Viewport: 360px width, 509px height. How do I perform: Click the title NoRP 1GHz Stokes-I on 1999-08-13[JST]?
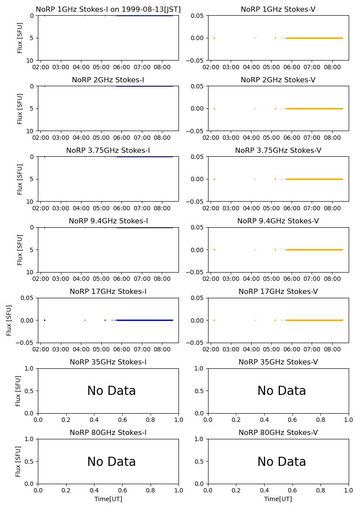click(x=108, y=10)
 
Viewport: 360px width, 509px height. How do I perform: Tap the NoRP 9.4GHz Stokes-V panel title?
click(x=278, y=221)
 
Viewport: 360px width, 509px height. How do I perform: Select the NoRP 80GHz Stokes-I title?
click(x=108, y=433)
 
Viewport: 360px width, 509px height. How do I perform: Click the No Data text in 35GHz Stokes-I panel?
click(x=111, y=391)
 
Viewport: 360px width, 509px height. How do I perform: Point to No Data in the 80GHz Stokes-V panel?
click(x=282, y=462)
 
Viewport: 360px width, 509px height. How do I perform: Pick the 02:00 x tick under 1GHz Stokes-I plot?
click(x=40, y=67)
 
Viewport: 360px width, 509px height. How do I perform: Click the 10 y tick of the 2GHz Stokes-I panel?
click(x=31, y=131)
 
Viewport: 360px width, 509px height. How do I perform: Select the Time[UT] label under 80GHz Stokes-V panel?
click(x=278, y=499)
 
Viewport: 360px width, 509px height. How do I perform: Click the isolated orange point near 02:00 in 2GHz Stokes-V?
click(x=214, y=108)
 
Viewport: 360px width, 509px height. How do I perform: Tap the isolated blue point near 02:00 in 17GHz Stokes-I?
click(x=44, y=320)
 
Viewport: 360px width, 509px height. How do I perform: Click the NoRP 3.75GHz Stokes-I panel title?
click(x=108, y=151)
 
